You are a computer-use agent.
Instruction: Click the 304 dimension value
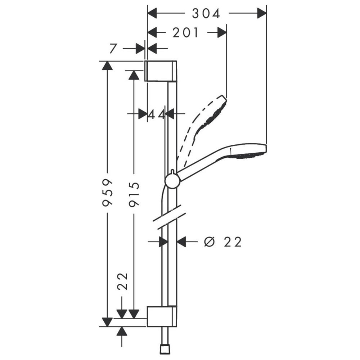pyautogui.click(x=206, y=14)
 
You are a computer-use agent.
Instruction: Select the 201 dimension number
pyautogui.click(x=185, y=33)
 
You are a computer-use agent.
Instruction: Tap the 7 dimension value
pyautogui.click(x=113, y=49)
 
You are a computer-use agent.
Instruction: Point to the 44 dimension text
pyautogui.click(x=156, y=114)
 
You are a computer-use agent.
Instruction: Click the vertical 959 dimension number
pyautogui.click(x=108, y=192)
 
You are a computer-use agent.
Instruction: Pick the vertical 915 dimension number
pyautogui.click(x=134, y=194)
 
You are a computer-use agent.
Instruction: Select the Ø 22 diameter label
pyautogui.click(x=223, y=242)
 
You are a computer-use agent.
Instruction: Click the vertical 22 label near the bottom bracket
pyautogui.click(x=122, y=282)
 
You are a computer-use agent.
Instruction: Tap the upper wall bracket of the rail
pyautogui.click(x=161, y=71)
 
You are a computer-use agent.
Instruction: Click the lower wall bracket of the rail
pyautogui.click(x=162, y=316)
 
